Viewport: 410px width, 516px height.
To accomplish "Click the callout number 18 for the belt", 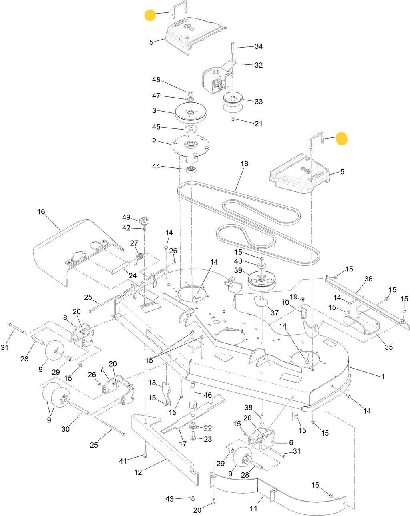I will pos(244,163).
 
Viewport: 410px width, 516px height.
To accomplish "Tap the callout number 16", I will pos(41,211).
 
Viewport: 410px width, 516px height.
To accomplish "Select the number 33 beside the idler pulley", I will pos(259,102).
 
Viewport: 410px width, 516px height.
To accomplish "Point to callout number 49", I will pos(126,217).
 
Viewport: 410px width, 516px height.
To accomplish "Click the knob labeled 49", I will pos(143,221).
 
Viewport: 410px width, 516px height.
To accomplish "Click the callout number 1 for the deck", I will pos(383,376).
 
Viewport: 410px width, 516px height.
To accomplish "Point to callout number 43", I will pos(170,499).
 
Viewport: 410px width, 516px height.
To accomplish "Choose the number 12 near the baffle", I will pos(138,472).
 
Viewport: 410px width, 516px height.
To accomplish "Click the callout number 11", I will pos(253,508).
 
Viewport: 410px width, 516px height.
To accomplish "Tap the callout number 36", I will pos(368,279).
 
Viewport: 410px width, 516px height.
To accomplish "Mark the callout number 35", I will pos(389,347).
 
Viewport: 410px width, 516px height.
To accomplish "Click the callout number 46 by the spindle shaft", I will pos(208,395).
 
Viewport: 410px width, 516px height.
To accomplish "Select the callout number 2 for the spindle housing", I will pos(154,141).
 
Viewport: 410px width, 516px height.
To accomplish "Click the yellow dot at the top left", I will pos(150,16).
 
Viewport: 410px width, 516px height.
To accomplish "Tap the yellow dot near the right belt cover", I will pos(342,139).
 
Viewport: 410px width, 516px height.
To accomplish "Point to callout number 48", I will pos(156,80).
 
